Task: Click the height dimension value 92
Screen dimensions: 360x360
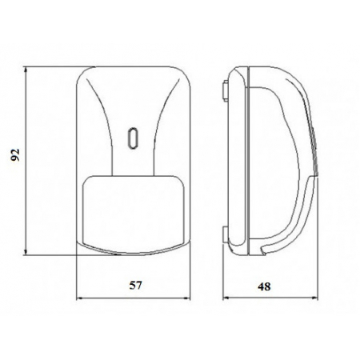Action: (15, 154)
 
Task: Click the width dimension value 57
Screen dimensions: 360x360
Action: (136, 286)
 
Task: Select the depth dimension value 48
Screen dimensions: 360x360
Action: (264, 286)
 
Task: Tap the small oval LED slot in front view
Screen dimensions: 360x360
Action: (133, 138)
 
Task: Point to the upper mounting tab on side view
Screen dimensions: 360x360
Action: (226, 90)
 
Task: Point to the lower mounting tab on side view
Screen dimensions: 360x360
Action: (226, 234)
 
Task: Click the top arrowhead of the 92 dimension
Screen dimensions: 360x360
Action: (26, 70)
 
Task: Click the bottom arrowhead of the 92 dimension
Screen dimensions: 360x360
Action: (26, 252)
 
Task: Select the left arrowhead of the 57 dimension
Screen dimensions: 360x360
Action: (80, 298)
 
